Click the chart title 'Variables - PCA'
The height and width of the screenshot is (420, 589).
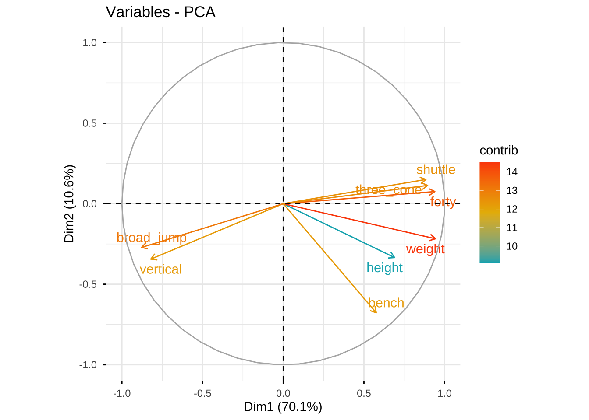(160, 12)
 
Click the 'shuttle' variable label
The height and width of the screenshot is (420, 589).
(436, 170)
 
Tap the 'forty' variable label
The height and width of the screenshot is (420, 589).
(443, 202)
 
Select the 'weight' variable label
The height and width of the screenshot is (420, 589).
(425, 249)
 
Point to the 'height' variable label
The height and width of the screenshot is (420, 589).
(384, 268)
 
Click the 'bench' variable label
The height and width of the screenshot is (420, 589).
(386, 303)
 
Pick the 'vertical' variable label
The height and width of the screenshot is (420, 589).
(160, 269)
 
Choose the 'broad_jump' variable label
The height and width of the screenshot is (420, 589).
(151, 238)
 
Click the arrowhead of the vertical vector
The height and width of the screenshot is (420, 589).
(151, 259)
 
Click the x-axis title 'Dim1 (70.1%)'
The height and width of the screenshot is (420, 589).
(283, 407)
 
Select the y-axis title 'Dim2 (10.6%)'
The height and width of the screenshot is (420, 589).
(70, 203)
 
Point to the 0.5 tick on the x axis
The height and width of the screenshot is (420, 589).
(364, 393)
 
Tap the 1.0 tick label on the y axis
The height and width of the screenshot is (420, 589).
(89, 43)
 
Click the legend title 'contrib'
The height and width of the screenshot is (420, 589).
(499, 150)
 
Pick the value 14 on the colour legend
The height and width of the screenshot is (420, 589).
(512, 172)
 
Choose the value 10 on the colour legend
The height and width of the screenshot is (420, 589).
(512, 246)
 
